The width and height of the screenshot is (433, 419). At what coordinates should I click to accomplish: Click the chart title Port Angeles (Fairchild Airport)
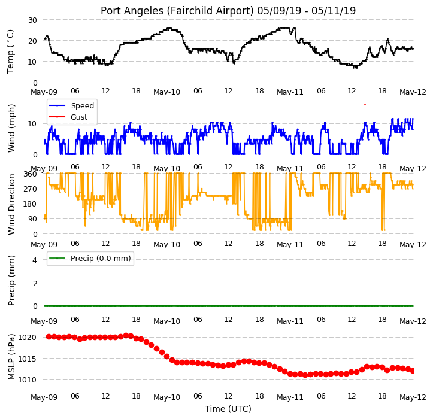coord(177,11)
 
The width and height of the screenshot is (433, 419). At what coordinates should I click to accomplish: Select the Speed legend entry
coord(71,106)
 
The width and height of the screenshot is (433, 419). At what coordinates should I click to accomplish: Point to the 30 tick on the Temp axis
coord(32,20)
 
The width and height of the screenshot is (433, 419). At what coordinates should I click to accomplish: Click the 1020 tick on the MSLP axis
coord(27,338)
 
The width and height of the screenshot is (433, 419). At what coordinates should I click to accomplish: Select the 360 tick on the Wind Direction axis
coord(30,174)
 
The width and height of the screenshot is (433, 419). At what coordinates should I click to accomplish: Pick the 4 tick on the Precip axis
coord(35,260)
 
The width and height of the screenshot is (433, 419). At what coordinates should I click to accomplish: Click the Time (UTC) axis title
coord(228,409)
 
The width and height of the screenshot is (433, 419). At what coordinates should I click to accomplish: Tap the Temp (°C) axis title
coord(11,51)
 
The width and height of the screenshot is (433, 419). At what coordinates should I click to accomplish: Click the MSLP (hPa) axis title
coord(11,357)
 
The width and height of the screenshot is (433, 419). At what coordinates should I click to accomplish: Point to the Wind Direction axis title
coord(11,205)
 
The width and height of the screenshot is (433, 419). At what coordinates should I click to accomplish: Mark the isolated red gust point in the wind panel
coord(365,104)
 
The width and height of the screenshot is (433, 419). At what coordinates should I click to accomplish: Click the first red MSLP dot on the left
coord(49,337)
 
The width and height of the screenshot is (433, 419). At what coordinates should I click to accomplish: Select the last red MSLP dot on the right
coord(413,371)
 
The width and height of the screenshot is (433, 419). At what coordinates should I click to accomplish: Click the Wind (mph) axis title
coord(11,128)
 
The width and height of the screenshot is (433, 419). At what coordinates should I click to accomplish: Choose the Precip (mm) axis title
coord(11,281)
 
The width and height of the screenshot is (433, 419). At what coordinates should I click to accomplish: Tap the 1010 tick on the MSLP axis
coord(27,380)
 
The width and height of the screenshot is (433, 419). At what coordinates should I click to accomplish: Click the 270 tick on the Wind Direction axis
coord(30,189)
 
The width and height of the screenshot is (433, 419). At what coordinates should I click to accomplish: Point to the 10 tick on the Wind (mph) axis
coord(32,124)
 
